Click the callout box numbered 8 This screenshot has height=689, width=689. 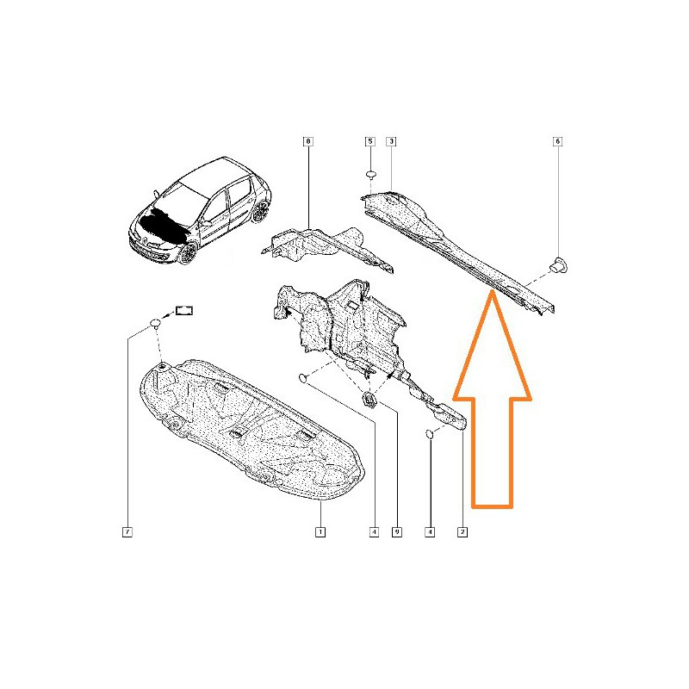(x=308, y=141)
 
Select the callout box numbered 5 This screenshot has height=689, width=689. (x=370, y=141)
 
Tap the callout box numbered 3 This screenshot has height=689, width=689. (x=391, y=141)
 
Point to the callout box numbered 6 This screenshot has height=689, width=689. (x=557, y=141)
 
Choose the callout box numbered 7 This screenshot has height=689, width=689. (x=127, y=532)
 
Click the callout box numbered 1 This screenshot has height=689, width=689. (x=320, y=532)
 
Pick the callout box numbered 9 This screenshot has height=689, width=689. (x=397, y=532)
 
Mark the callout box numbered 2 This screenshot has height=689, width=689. (x=462, y=532)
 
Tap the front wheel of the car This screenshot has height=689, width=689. (x=189, y=253)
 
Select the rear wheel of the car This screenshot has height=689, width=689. (x=260, y=211)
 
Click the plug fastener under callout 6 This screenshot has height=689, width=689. (x=558, y=265)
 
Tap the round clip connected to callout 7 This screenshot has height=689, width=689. (x=155, y=324)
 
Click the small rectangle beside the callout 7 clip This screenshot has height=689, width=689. (x=184, y=311)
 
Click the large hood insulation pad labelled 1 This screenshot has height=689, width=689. (x=251, y=431)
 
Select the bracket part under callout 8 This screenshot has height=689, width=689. (x=327, y=248)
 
